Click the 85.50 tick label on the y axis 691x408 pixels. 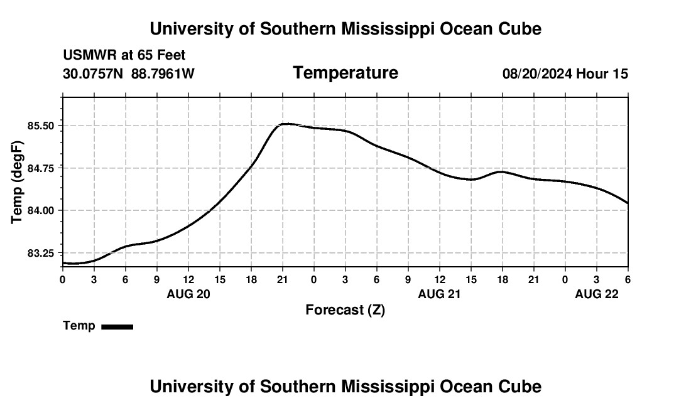42,126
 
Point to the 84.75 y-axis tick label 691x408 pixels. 42,168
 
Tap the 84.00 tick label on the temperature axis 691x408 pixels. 42,210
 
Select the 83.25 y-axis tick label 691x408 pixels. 42,253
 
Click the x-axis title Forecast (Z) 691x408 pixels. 345,310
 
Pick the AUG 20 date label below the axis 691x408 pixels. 188,294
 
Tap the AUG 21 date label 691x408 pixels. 440,294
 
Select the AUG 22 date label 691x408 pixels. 597,294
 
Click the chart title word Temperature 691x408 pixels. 345,73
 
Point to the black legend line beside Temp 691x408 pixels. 117,326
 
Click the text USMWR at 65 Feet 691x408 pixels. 124,55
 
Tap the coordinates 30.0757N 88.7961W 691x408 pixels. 129,74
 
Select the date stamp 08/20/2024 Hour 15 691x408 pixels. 565,74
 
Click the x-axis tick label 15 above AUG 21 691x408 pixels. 471,279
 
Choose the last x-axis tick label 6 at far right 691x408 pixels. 628,279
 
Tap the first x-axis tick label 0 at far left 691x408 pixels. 63,279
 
